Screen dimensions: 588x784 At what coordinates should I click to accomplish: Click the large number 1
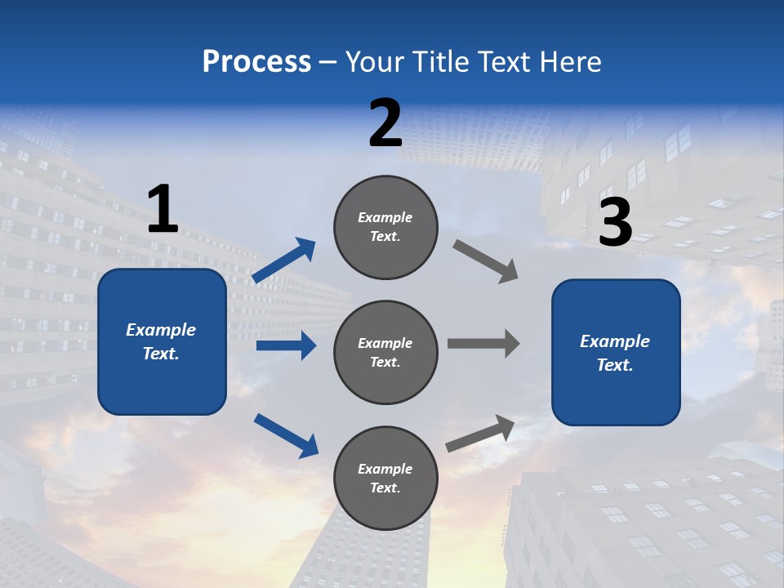click(x=163, y=209)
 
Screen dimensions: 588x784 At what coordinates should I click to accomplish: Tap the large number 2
click(x=385, y=123)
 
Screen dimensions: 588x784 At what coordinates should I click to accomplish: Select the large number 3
click(x=615, y=222)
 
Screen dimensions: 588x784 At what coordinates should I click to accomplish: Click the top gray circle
click(x=385, y=227)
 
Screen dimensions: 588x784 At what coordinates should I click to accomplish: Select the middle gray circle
click(x=385, y=352)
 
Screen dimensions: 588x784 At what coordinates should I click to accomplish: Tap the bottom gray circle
click(x=385, y=478)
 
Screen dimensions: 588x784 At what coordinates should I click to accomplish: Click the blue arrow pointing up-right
click(x=284, y=261)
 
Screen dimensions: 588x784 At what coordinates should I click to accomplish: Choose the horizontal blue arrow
click(x=286, y=345)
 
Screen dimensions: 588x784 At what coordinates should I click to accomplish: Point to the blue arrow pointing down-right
click(x=286, y=435)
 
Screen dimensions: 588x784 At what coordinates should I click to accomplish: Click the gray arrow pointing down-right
click(x=485, y=261)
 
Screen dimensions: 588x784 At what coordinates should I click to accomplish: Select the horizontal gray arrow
click(x=483, y=344)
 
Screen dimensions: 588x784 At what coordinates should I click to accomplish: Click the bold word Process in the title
click(x=256, y=61)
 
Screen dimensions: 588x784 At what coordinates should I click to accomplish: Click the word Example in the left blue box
click(x=161, y=330)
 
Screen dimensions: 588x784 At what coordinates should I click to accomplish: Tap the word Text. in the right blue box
click(x=615, y=365)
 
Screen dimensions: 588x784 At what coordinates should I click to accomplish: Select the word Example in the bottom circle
click(x=385, y=469)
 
